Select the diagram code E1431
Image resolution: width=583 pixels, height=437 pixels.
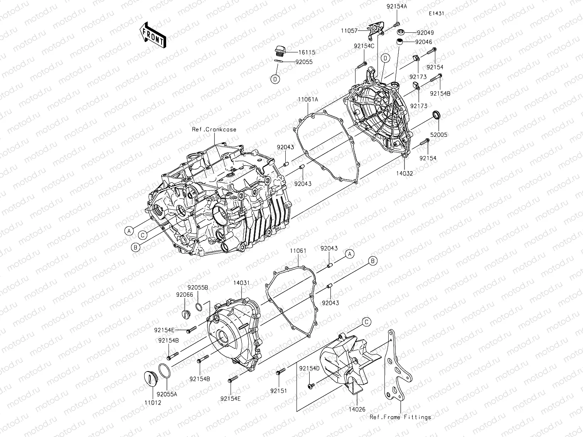coord(436,13)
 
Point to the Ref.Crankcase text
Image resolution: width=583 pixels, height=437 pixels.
coord(214,129)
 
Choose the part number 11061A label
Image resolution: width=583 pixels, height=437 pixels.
coord(307,99)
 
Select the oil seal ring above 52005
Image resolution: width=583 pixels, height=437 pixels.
coord(436,115)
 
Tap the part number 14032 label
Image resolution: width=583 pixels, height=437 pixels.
coord(404,173)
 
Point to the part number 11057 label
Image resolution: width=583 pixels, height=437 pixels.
coord(349,30)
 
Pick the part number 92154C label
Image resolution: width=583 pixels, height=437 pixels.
coord(364,46)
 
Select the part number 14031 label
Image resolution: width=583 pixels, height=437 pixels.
coord(241,282)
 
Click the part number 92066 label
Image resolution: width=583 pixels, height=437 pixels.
coord(185,295)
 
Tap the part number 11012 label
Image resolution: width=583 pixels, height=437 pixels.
coord(153,403)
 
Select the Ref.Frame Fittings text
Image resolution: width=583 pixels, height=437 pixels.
coord(400,417)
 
